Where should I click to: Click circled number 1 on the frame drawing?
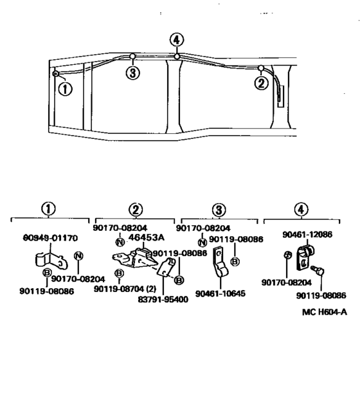click(65, 89)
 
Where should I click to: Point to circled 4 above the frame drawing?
click(177, 40)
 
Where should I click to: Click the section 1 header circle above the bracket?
click(49, 210)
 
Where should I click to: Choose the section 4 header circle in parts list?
click(301, 210)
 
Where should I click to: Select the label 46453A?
click(147, 237)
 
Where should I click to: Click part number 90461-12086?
click(307, 235)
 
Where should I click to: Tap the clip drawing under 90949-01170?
click(50, 260)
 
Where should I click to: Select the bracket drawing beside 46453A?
click(134, 259)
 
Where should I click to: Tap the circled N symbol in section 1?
click(78, 255)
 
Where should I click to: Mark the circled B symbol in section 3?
click(235, 261)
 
